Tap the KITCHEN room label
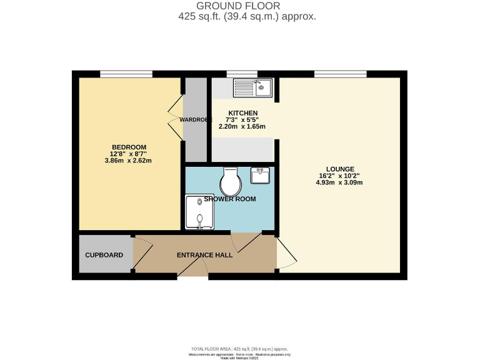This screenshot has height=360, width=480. click(x=242, y=112)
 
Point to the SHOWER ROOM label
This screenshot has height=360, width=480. click(x=230, y=199)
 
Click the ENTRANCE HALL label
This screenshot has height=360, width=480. click(x=204, y=255)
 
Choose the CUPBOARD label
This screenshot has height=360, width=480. click(x=104, y=255)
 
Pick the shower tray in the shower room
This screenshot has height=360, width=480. click(x=199, y=212)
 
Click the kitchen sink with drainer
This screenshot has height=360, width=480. click(x=252, y=87)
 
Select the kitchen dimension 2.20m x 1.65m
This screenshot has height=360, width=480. click(x=242, y=126)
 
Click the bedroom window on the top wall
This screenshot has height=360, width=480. click(x=126, y=74)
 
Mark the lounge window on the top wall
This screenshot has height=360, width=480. click(x=340, y=74)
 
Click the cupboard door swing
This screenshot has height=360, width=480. click(x=141, y=253)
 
